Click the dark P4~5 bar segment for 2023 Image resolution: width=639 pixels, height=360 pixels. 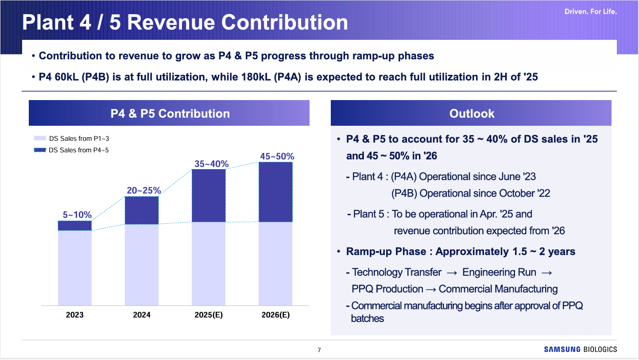pyautogui.click(x=75, y=225)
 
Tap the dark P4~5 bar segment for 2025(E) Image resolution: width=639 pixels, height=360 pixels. pyautogui.click(x=209, y=195)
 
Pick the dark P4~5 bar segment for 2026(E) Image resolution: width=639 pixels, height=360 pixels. pyautogui.click(x=275, y=192)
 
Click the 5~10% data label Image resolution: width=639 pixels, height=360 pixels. pyautogui.click(x=75, y=215)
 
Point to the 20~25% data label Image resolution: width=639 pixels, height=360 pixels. pyautogui.click(x=142, y=190)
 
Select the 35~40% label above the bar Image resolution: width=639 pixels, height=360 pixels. pyautogui.click(x=211, y=164)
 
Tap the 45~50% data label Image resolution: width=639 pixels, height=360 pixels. pyautogui.click(x=277, y=156)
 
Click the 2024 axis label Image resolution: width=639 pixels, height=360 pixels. pyautogui.click(x=142, y=315)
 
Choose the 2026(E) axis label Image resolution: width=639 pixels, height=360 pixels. pyautogui.click(x=275, y=315)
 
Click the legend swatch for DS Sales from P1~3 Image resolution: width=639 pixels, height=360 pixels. pyautogui.click(x=40, y=139)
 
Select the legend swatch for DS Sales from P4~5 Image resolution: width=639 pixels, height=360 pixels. pyautogui.click(x=40, y=150)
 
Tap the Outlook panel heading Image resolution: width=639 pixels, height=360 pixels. pyautogui.click(x=472, y=113)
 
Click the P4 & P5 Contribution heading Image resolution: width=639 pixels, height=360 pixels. pyautogui.click(x=170, y=113)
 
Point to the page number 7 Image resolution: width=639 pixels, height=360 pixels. pyautogui.click(x=319, y=350)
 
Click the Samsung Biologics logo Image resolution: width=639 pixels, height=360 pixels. pyautogui.click(x=580, y=349)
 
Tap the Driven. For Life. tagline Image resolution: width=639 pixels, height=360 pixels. pyautogui.click(x=590, y=12)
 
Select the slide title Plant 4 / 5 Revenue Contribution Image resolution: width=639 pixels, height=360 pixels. pyautogui.click(x=185, y=23)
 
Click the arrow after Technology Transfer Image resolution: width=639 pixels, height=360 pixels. pyautogui.click(x=452, y=272)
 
